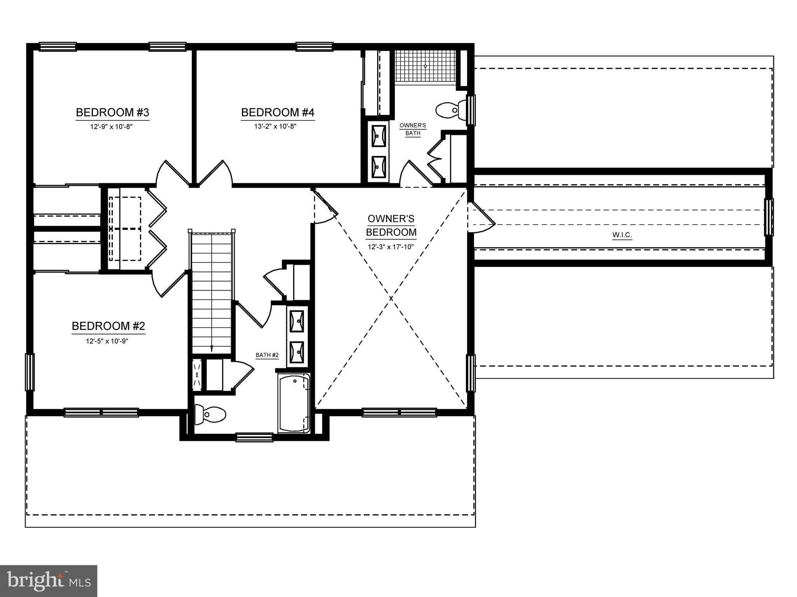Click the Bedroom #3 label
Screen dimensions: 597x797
click(112, 113)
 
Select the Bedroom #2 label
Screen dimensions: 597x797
click(108, 326)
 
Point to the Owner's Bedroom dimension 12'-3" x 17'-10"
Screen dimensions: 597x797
click(391, 247)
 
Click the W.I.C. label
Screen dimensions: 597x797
click(622, 235)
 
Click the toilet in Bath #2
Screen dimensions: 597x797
click(210, 414)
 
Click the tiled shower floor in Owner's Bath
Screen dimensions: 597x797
click(425, 66)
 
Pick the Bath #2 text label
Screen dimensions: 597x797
click(267, 355)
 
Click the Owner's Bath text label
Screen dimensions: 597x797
click(413, 129)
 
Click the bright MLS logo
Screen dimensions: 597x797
click(49, 581)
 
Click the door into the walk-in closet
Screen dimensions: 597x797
click(481, 218)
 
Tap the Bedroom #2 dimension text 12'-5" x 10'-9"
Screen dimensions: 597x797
click(107, 341)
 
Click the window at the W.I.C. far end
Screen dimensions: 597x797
click(769, 217)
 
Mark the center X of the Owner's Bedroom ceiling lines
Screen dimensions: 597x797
click(391, 298)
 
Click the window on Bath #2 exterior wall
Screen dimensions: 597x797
click(255, 437)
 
